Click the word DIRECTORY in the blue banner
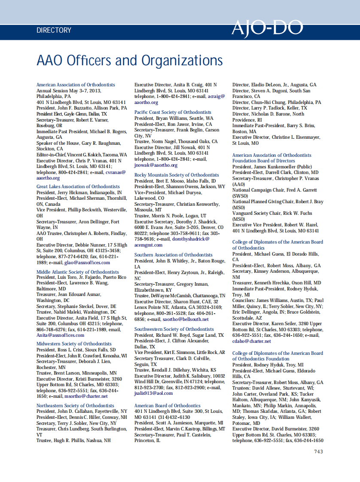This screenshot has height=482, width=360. pyautogui.click(x=54, y=31)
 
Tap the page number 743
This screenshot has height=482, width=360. pyautogui.click(x=318, y=451)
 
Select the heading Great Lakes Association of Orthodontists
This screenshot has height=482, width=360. pyautogui.click(x=78, y=187)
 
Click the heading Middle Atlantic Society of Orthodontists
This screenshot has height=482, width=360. pyautogui.click(x=78, y=272)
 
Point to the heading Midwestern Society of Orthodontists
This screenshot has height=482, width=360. pyautogui.click(x=74, y=344)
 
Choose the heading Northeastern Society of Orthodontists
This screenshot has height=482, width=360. pyautogui.click(x=75, y=406)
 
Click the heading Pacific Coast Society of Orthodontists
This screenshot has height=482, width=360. pyautogui.click(x=173, y=113)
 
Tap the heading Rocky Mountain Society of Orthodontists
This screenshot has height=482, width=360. pyautogui.click(x=174, y=175)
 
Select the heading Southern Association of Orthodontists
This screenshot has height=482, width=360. pyautogui.click(x=174, y=255)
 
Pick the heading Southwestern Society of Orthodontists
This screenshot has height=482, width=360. pyautogui.click(x=174, y=329)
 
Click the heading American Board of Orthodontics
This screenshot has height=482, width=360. pyautogui.click(x=168, y=406)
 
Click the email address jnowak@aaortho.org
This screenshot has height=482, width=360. pyautogui.click(x=156, y=165)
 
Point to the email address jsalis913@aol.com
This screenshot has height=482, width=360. pyautogui.click(x=153, y=393)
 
